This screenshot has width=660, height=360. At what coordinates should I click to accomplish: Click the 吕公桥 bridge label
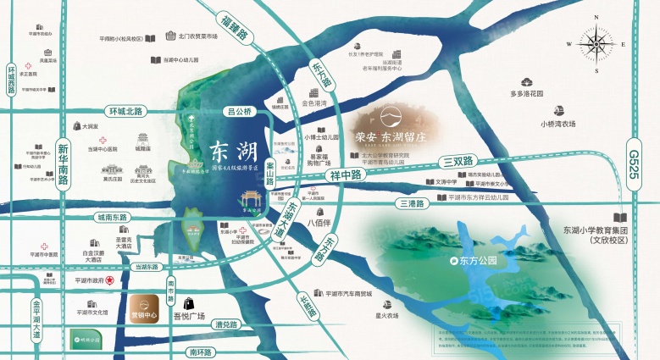241,111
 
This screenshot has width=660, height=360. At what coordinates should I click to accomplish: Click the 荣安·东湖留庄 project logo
391,131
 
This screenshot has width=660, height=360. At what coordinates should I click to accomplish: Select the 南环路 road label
203,351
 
